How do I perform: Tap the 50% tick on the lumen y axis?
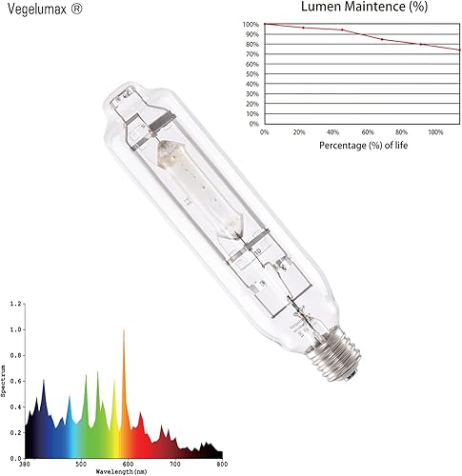(x=253, y=73)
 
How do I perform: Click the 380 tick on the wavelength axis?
(x=25, y=465)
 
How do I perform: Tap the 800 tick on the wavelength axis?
(x=220, y=465)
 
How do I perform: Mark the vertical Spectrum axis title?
(x=5, y=380)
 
